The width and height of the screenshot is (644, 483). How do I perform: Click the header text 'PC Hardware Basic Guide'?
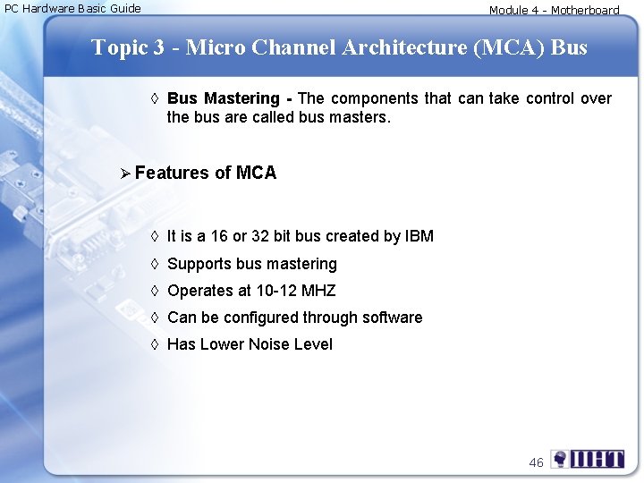(72, 9)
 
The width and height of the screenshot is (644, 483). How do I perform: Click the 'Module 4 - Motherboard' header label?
(554, 11)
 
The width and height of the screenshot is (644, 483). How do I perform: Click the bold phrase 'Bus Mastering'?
(223, 98)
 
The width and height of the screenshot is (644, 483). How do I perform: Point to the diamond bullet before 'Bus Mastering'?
(155, 98)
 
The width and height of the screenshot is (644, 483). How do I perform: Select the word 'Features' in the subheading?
(174, 173)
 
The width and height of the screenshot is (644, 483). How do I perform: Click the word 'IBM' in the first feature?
(419, 236)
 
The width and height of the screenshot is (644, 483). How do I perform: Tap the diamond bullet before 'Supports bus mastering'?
(155, 264)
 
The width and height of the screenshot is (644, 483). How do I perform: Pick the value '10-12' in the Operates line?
(276, 291)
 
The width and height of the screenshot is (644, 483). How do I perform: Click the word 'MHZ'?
(318, 291)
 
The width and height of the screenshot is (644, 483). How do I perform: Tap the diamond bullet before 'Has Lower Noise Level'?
(155, 344)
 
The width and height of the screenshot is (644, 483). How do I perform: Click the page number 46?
(536, 462)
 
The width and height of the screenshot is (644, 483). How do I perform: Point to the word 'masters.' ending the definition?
(361, 117)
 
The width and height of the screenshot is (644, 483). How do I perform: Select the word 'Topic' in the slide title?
(120, 47)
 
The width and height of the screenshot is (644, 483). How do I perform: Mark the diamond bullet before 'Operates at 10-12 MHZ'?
(155, 291)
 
